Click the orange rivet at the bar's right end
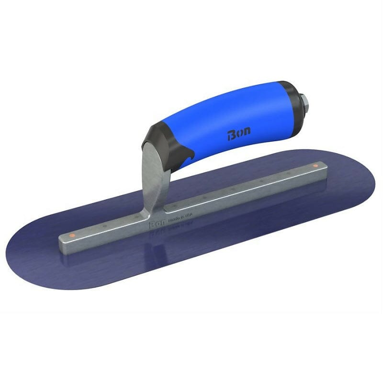[x=315, y=166]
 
